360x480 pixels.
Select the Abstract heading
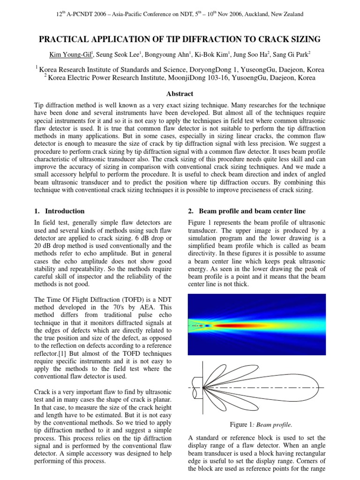180,94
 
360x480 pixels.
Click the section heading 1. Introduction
60,211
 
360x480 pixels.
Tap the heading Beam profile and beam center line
252,211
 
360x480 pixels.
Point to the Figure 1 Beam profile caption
261,425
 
